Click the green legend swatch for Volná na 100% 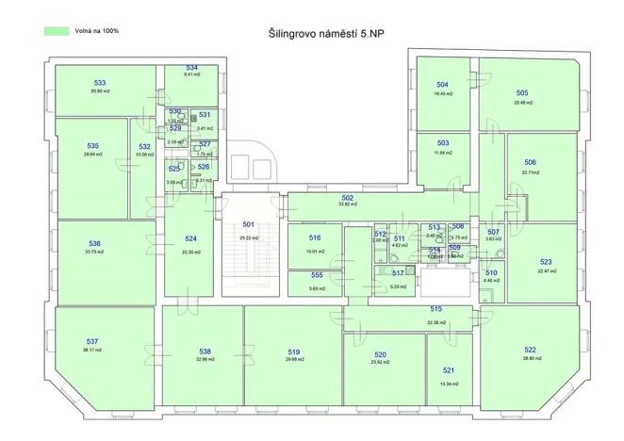point(57,31)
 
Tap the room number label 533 point(100,83)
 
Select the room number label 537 point(91,341)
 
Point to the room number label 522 point(530,350)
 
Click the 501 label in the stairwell point(248,224)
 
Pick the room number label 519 point(294,351)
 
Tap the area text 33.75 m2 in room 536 point(94,252)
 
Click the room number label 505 point(522,93)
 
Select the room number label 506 point(531,162)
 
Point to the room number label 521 point(449,370)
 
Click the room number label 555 point(317,275)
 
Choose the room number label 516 point(315,238)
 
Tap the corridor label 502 point(348,197)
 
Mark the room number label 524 point(190,238)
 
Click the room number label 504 point(442,85)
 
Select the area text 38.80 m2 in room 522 point(530,358)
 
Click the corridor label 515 point(435,309)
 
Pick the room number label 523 point(546,262)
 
